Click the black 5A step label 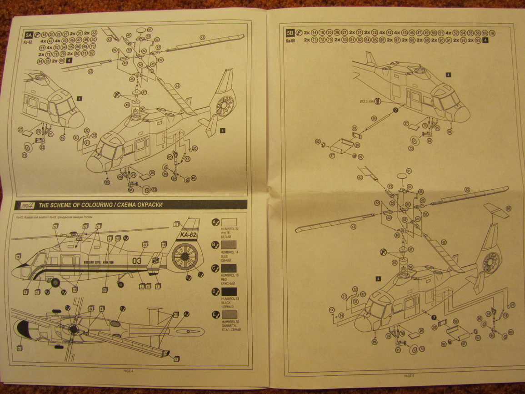click(29, 35)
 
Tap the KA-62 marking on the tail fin click(188, 235)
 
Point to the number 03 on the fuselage click(136, 261)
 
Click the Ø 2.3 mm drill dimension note click(365, 101)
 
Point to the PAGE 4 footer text click(128, 371)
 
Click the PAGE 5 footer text click(409, 376)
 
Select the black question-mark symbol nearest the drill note click(395, 110)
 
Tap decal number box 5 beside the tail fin click(176, 224)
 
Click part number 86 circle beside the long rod click(373, 118)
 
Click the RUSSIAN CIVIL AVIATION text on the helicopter click(99, 263)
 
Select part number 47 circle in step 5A click(144, 92)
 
